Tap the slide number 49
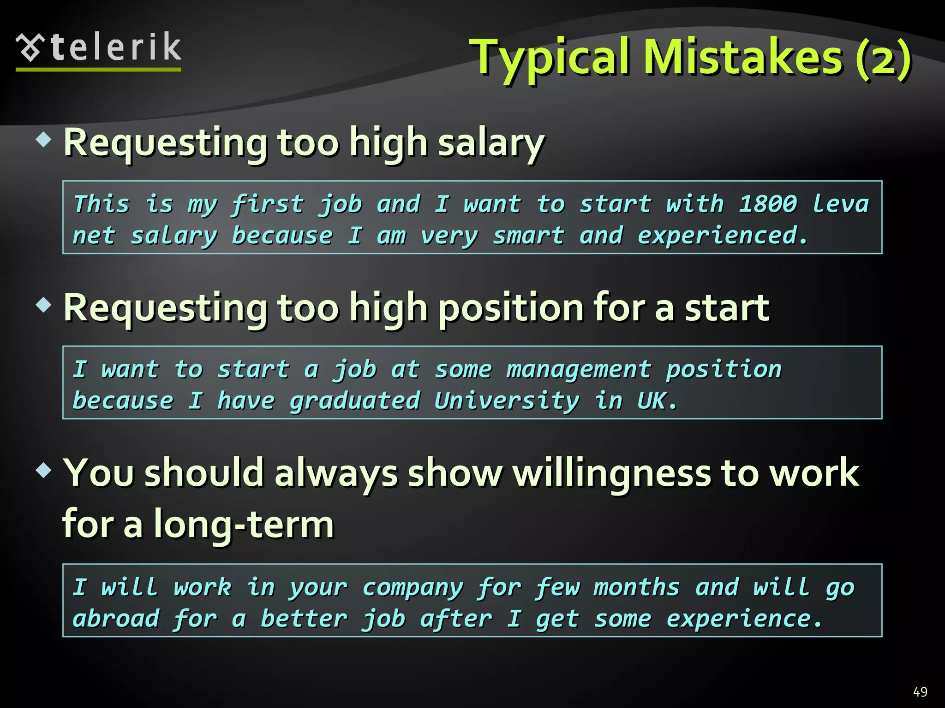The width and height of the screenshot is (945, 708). click(x=920, y=691)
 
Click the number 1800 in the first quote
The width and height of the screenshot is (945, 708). click(x=768, y=204)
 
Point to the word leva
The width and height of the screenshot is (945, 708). click(x=840, y=204)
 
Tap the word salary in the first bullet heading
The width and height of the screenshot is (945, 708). click(x=491, y=143)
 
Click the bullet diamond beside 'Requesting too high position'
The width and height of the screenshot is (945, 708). click(x=44, y=305)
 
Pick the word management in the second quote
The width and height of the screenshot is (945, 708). click(x=579, y=370)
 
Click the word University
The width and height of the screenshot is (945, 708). click(x=507, y=401)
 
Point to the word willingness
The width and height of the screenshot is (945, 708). click(x=612, y=473)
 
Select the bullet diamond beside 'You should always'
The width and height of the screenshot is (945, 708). click(x=44, y=471)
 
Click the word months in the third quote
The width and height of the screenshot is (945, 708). click(x=637, y=588)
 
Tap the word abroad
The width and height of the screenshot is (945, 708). click(x=116, y=619)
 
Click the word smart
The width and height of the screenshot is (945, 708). click(x=529, y=236)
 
